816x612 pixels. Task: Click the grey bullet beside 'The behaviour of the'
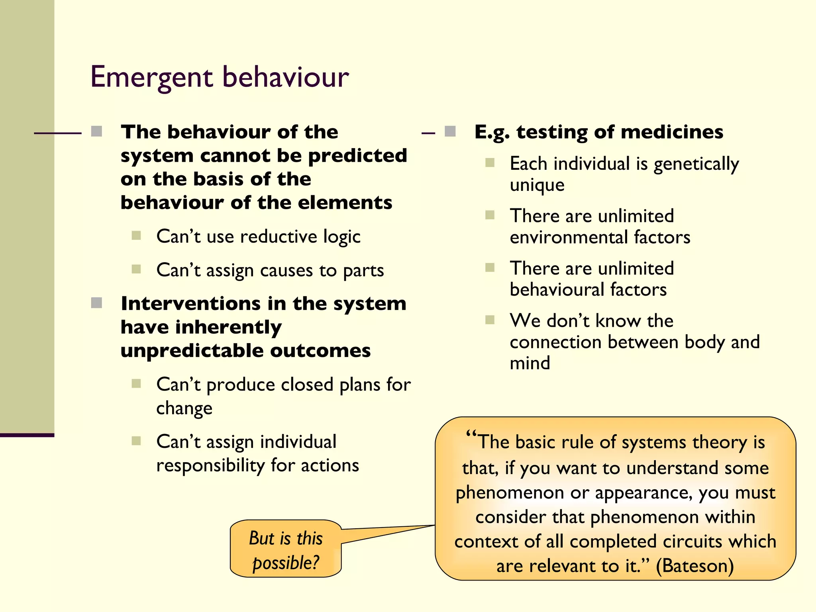(96, 131)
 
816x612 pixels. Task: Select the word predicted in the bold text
(357, 155)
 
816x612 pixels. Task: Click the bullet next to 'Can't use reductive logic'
(136, 235)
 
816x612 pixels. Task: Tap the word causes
(286, 270)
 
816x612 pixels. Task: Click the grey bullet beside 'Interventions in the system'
(96, 303)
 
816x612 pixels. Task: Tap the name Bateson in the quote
(694, 566)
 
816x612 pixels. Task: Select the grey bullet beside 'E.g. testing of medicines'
(450, 131)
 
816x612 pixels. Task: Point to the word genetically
(696, 164)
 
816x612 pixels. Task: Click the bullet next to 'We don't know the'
(490, 320)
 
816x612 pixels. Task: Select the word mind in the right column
(530, 363)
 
